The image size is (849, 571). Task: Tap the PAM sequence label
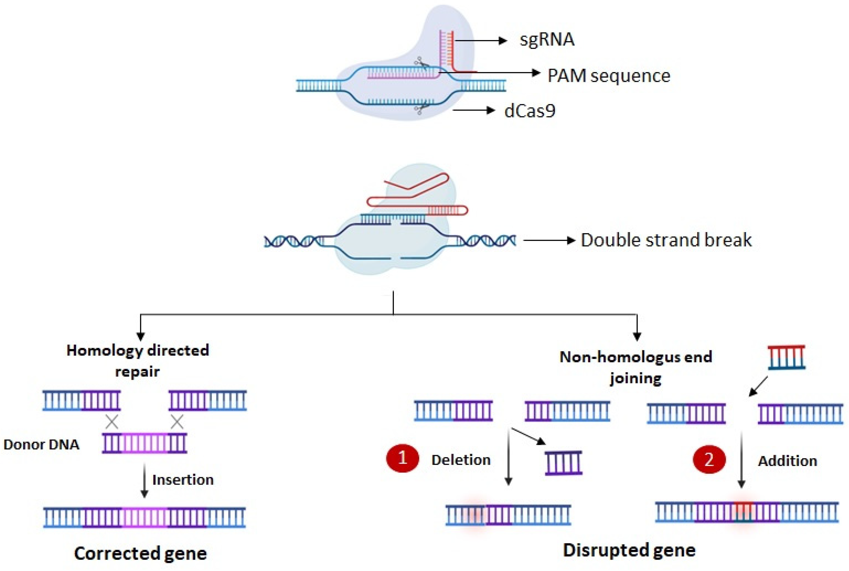(609, 76)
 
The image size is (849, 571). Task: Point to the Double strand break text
(666, 240)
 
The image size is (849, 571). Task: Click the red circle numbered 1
(402, 458)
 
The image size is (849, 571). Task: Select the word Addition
(788, 461)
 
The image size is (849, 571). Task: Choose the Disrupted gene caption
(629, 550)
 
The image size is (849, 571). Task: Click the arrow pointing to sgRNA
(481, 40)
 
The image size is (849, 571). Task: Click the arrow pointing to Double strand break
(549, 240)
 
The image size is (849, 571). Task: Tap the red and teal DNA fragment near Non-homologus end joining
(786, 357)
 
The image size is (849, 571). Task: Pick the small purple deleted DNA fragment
(564, 463)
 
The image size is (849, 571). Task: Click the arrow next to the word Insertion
(144, 480)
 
